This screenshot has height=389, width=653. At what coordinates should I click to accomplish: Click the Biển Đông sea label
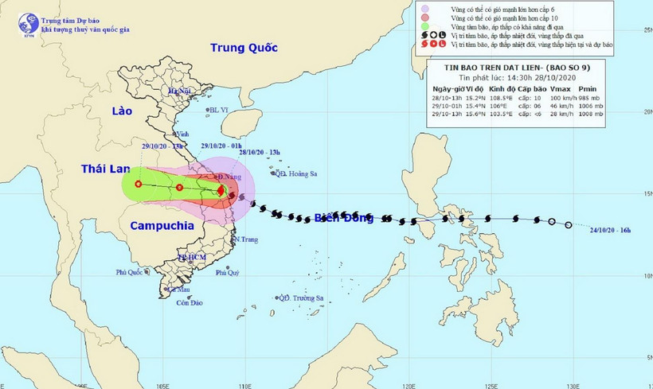click(343, 218)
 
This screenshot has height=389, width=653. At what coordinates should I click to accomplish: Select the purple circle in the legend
click(424, 9)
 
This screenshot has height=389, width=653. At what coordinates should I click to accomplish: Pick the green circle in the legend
click(424, 26)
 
